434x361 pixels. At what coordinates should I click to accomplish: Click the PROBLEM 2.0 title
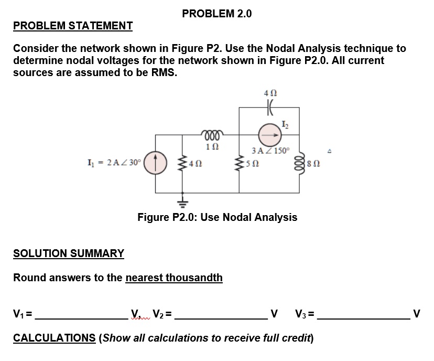[216, 14]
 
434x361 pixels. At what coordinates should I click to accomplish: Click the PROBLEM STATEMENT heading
[73, 26]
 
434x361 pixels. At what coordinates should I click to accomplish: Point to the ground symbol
[183, 200]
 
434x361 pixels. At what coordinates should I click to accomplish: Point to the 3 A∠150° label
[270, 151]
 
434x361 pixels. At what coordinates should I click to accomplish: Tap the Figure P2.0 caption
[217, 217]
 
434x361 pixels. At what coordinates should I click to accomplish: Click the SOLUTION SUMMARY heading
[69, 253]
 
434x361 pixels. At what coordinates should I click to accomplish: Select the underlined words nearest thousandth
[174, 277]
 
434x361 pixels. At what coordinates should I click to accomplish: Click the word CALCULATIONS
[54, 337]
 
